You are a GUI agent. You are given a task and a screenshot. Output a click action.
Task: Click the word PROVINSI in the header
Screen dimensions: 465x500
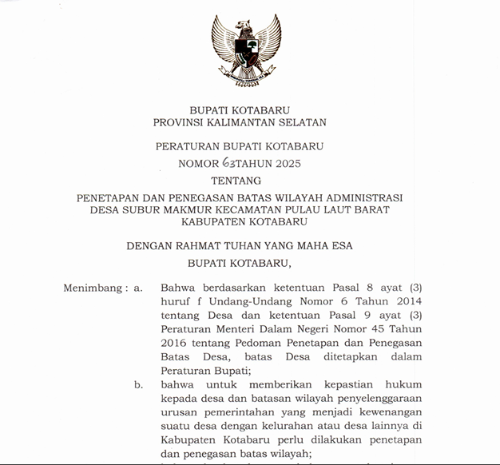180,123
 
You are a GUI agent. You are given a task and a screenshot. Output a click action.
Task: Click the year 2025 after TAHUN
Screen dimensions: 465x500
286,164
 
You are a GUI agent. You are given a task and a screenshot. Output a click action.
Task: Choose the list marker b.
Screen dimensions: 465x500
139,384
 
